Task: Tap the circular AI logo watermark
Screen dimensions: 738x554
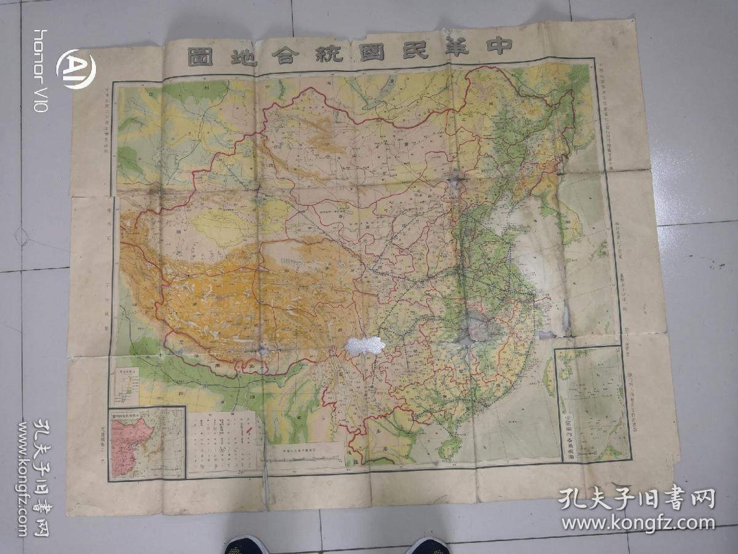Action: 76,69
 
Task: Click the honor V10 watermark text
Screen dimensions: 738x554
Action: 41,70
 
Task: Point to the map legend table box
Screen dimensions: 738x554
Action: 223,442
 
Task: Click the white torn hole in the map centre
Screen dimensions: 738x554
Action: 365,345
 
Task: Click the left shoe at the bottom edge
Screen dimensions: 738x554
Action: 246,545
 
